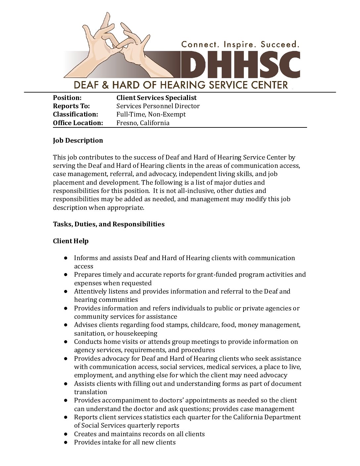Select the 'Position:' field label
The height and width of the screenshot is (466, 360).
[x=67, y=98]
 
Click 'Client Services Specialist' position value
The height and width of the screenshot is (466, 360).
[x=157, y=98]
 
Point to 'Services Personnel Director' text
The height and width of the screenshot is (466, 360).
[x=158, y=106]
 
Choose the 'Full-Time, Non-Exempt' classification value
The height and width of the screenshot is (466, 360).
[x=151, y=114]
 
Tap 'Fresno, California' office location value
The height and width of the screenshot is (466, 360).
[x=143, y=123]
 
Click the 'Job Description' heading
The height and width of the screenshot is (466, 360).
[x=78, y=140]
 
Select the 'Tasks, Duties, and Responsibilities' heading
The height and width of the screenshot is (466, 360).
[x=109, y=224]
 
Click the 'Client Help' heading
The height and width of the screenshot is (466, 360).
[x=71, y=241]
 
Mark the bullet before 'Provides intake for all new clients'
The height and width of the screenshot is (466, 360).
[x=67, y=443]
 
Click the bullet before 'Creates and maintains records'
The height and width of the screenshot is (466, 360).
[x=67, y=434]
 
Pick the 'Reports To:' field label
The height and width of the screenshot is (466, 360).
[x=71, y=106]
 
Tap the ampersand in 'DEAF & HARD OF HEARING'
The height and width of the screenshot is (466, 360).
[x=105, y=85]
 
